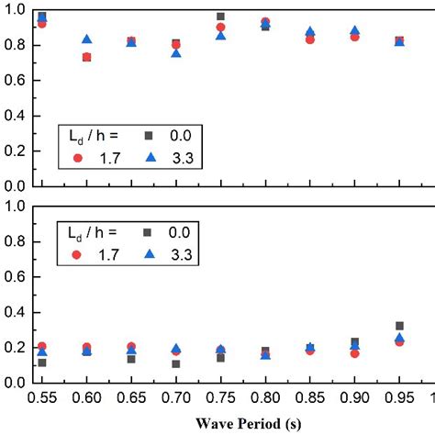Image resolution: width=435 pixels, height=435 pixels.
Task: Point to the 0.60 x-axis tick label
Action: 86,400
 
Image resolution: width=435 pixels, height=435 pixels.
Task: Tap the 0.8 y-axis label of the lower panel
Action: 15,241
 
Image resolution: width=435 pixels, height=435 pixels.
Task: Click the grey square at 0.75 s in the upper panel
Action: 220,17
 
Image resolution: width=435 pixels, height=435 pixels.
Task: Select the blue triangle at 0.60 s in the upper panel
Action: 86,39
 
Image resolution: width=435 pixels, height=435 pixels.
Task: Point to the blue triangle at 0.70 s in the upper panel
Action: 176,53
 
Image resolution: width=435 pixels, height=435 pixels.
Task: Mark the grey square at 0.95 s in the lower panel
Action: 399,326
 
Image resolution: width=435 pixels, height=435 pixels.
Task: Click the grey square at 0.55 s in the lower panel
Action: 42,362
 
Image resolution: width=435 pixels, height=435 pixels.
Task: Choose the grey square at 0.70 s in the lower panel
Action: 176,364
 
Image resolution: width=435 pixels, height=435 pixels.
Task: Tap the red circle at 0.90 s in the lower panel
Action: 354,353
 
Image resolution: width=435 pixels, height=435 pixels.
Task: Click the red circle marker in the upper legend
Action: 77,158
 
